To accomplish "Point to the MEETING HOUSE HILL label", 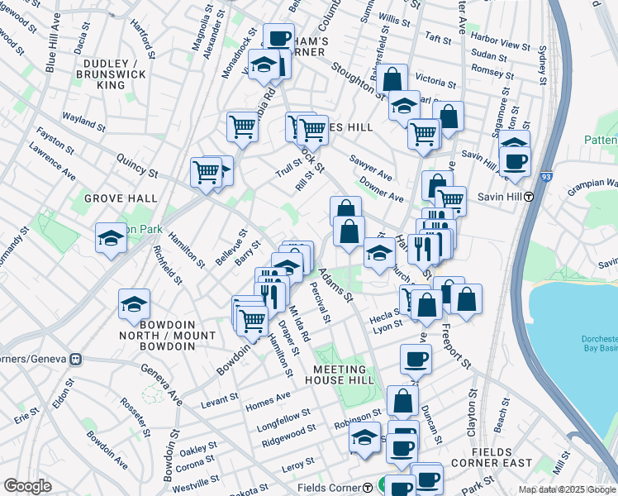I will (339, 375).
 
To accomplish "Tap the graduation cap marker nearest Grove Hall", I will (111, 239).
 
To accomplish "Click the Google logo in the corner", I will (27, 486).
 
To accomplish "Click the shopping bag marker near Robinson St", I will (402, 402).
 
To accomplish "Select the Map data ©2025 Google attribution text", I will (567, 489).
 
